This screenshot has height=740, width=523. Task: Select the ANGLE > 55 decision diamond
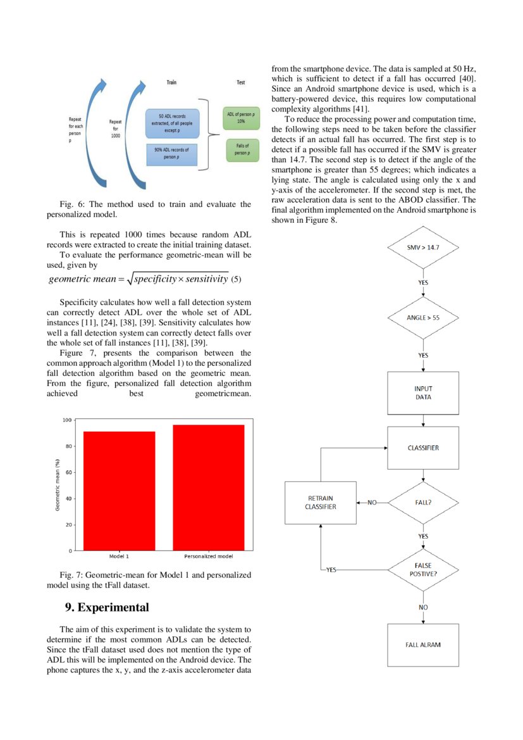click(x=422, y=317)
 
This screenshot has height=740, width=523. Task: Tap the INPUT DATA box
click(x=422, y=392)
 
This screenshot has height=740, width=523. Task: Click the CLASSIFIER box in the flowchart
click(x=422, y=448)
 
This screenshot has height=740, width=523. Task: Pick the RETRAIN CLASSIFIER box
click(x=321, y=503)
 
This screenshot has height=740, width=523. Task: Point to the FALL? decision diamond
click(x=422, y=503)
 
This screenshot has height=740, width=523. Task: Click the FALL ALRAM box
click(x=422, y=644)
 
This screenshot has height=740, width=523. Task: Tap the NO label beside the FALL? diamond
click(x=372, y=503)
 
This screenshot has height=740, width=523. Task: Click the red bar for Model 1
click(x=119, y=491)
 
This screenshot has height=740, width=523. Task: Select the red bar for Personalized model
click(x=208, y=487)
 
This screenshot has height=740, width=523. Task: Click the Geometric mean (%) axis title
click(x=57, y=485)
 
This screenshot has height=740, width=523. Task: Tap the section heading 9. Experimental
click(x=108, y=608)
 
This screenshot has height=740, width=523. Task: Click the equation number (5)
click(x=236, y=279)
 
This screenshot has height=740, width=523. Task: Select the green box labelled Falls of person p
click(x=241, y=149)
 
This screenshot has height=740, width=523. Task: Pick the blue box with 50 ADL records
click(x=171, y=123)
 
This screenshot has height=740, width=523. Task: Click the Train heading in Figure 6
click(x=171, y=83)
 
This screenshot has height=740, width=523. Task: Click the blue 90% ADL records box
click(x=171, y=154)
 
